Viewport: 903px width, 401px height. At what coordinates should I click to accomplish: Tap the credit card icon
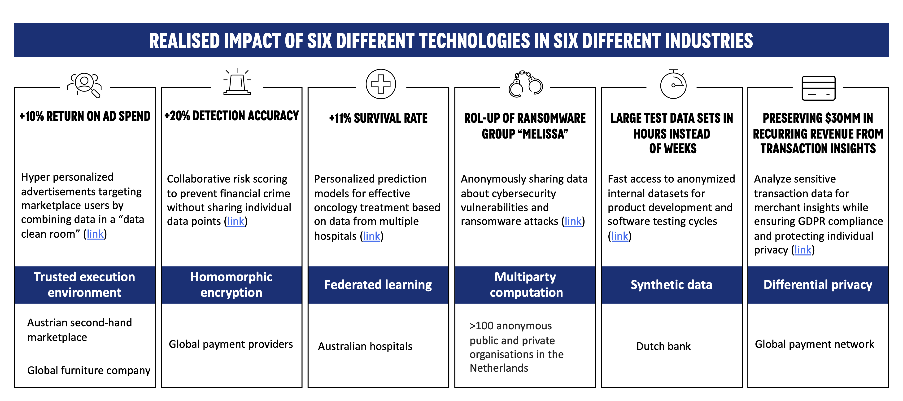tap(819, 88)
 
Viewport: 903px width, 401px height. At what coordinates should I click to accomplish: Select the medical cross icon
tap(381, 84)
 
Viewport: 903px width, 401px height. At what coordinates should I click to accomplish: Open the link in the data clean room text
tap(95, 234)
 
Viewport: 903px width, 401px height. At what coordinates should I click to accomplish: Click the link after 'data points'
tap(236, 221)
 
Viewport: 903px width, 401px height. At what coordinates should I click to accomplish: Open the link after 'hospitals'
tap(371, 236)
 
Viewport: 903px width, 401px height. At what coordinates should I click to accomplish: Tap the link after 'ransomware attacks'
tap(573, 221)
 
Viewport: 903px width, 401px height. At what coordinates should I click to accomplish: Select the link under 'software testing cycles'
tap(620, 236)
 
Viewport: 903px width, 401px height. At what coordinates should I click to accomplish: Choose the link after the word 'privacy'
tap(803, 250)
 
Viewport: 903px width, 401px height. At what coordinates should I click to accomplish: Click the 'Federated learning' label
tap(378, 285)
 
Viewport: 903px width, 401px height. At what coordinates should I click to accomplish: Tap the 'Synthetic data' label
tap(671, 285)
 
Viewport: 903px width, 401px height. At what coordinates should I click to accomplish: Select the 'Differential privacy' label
tap(818, 285)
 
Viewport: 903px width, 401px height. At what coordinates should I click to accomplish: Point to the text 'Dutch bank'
tap(663, 346)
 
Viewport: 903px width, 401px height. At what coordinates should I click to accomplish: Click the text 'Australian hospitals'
tap(365, 346)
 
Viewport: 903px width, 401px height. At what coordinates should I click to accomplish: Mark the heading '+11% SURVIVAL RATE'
tap(378, 118)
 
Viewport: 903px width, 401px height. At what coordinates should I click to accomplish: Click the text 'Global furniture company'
tap(89, 370)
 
